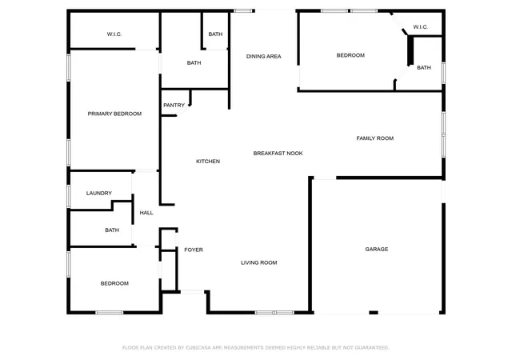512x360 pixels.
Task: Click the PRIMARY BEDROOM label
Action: [114, 114]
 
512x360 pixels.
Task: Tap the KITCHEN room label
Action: [208, 161]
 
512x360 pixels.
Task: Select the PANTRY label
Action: [174, 105]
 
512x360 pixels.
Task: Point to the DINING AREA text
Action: [263, 56]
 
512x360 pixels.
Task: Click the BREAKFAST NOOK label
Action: [278, 154]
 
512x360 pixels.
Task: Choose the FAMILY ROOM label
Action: [375, 138]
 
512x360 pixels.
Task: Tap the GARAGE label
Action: [377, 249]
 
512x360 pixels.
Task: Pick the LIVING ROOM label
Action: [259, 262]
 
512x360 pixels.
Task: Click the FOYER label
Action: [194, 250]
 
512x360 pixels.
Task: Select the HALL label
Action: [146, 213]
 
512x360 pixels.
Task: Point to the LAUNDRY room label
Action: [99, 193]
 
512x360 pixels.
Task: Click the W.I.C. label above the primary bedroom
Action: [114, 34]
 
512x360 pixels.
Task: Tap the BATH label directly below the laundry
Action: [112, 230]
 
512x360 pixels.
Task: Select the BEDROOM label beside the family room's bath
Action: [350, 55]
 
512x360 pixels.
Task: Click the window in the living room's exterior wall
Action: [274, 313]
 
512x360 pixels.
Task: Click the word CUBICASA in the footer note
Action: [198, 347]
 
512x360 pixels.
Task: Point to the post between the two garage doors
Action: [374, 313]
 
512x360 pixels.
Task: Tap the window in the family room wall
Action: [443, 134]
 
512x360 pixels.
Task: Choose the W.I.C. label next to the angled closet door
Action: [420, 26]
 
